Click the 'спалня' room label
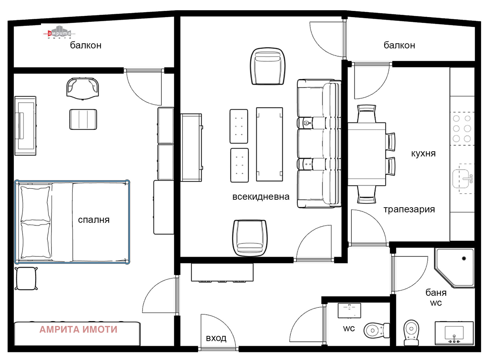click(94, 220)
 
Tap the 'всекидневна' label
click(261, 196)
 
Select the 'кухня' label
click(423, 153)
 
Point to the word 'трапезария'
click(409, 209)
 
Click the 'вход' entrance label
click(216, 338)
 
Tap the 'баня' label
click(436, 292)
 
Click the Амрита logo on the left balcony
click(59, 33)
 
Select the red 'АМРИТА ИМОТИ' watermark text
click(78, 329)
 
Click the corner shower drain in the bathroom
click(464, 258)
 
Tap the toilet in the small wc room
click(376, 331)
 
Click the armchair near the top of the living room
click(268, 66)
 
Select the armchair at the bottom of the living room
click(250, 238)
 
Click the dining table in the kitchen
click(366, 154)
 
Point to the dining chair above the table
click(366, 114)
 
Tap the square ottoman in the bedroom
click(83, 119)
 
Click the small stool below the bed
click(26, 279)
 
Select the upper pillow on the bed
click(35, 204)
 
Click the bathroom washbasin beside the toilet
click(454, 333)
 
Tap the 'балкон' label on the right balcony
click(399, 45)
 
